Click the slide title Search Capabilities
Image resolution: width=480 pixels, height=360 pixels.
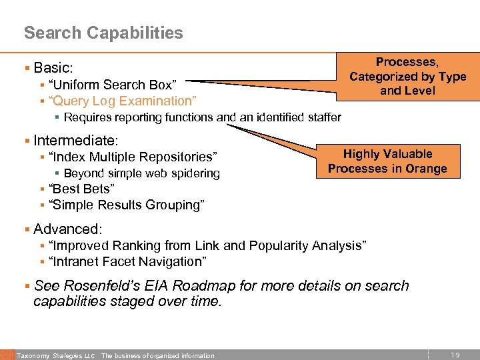coord(103,33)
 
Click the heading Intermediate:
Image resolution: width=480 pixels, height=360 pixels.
coord(75,141)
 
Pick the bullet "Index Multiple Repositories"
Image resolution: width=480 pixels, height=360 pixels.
coord(132,157)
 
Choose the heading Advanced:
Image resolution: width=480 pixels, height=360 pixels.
coord(67,229)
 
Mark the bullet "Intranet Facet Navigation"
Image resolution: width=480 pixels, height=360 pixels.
coord(127,261)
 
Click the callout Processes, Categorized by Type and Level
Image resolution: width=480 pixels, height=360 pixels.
coord(407,76)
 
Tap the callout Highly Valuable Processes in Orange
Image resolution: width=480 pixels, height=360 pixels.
coord(387,161)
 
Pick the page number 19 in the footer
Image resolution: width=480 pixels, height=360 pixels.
coord(455,355)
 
